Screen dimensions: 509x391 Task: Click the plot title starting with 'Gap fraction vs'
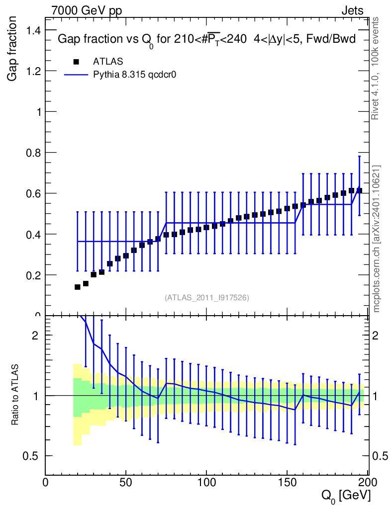point(206,40)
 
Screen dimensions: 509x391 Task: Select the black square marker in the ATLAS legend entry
point(76,62)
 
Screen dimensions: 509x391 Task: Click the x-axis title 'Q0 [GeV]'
point(345,495)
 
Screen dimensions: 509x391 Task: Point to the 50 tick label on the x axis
point(126,483)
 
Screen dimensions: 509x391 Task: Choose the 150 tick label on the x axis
point(287,483)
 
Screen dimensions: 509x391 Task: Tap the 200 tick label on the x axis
point(367,483)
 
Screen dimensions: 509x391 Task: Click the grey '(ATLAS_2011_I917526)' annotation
point(206,297)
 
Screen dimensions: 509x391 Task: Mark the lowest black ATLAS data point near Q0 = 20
point(77,287)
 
